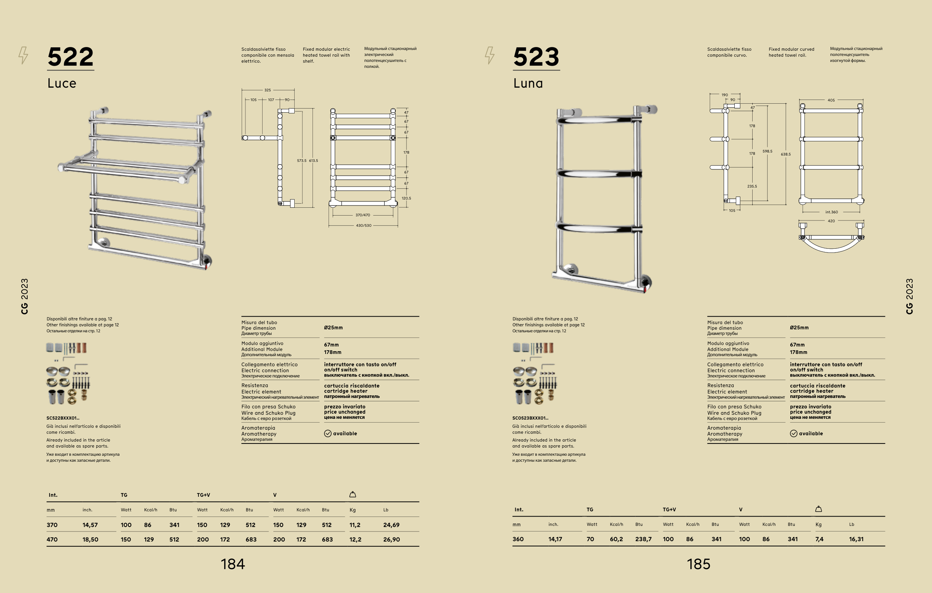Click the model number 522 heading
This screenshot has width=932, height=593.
(x=70, y=57)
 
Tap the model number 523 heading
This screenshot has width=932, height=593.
(x=536, y=57)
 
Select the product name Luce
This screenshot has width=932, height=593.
(x=62, y=83)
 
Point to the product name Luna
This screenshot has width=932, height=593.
(x=528, y=83)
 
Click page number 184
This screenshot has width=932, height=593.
(x=233, y=564)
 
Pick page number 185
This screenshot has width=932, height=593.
(x=699, y=564)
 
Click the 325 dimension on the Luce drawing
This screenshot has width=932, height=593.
(x=267, y=90)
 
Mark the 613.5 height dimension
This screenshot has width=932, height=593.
(x=314, y=161)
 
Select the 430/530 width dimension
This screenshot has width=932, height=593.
(x=363, y=226)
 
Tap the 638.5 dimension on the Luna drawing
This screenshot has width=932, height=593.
(x=786, y=154)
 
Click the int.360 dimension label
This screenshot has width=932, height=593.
(x=831, y=212)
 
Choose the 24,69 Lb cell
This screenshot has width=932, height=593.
(x=391, y=525)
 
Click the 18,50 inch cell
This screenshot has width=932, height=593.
(x=90, y=539)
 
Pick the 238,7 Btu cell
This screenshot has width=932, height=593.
(x=643, y=539)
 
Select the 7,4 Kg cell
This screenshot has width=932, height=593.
(x=819, y=539)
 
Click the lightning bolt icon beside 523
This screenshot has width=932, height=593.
(x=490, y=55)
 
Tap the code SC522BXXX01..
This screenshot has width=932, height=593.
(x=63, y=418)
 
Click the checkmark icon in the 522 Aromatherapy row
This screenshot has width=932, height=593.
(x=328, y=433)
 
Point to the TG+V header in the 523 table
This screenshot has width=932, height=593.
(x=669, y=509)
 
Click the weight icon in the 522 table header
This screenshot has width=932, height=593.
(x=352, y=494)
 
